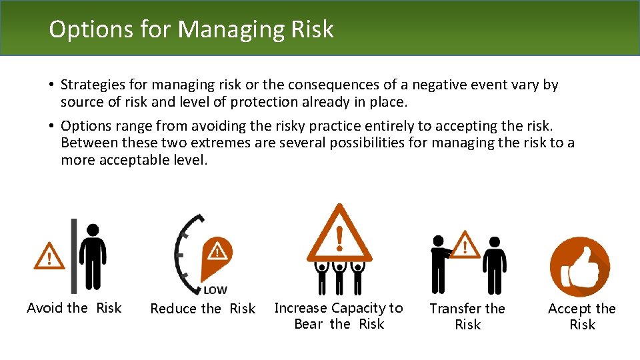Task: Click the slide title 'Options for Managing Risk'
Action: point(191,29)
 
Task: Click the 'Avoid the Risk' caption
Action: point(74,308)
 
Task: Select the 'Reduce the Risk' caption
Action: point(203,309)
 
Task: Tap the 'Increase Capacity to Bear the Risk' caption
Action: point(339,316)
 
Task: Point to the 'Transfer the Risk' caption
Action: point(467,317)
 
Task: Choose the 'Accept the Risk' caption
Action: point(581,317)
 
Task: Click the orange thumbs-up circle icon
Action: point(579,267)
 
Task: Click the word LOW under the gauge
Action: point(215,290)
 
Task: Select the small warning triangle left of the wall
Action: point(49,255)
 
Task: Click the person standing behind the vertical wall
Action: point(93,256)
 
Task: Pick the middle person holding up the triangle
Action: point(340,277)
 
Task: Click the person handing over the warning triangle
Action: point(439,264)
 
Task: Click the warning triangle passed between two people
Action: point(466,245)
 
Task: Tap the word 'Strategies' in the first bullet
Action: point(90,85)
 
